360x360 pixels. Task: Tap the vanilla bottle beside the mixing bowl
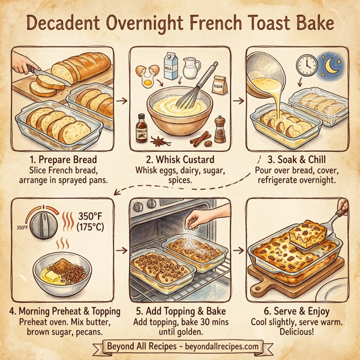pos(142,127)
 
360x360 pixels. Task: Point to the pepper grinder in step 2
pos(220,128)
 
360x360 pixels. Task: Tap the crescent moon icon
pos(332,63)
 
